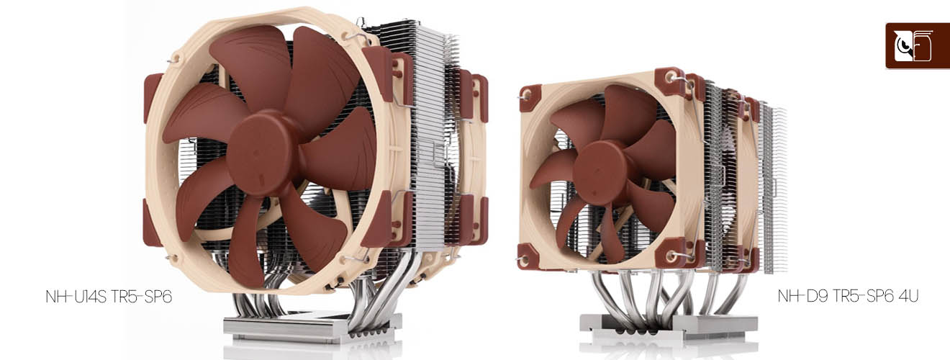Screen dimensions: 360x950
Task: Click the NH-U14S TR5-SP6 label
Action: (x=109, y=297)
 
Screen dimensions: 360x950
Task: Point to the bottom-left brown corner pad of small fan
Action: (x=529, y=255)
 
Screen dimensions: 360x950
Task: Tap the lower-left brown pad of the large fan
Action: (x=153, y=222)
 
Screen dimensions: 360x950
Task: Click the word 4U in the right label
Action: (x=912, y=297)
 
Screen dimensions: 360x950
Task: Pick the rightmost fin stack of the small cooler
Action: (x=774, y=187)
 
